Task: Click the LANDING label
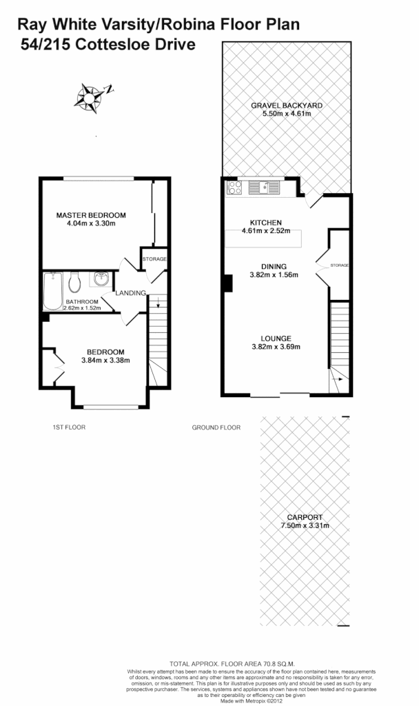pyautogui.click(x=130, y=293)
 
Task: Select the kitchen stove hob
pyautogui.click(x=234, y=187)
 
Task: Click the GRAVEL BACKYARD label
pyautogui.click(x=287, y=105)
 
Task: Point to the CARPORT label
pyautogui.click(x=305, y=517)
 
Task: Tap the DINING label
pyautogui.click(x=274, y=266)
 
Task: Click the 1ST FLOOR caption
pyautogui.click(x=69, y=427)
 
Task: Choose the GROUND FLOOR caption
pyautogui.click(x=216, y=427)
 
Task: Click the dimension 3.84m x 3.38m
pyautogui.click(x=105, y=360)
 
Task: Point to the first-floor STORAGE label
pyautogui.click(x=154, y=259)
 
